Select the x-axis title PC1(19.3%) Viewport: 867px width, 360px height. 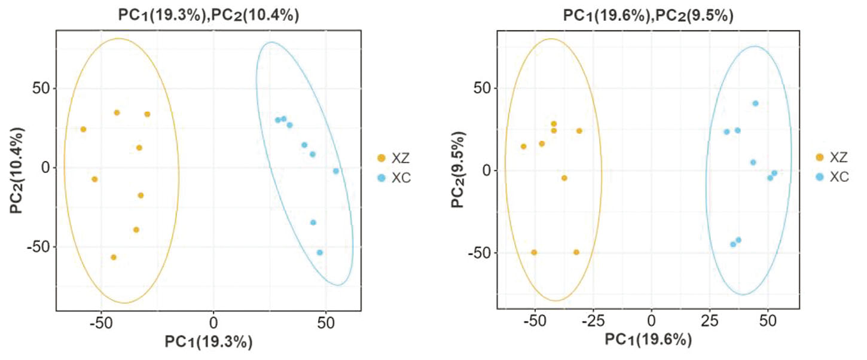coord(209,342)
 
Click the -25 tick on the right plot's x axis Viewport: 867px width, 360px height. coord(593,321)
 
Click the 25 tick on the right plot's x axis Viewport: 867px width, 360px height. coord(710,321)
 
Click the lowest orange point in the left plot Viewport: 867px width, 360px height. coord(114,257)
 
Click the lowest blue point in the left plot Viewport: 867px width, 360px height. coord(320,252)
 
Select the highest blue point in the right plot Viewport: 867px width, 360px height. coord(755,103)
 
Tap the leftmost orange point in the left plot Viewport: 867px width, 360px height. coord(83,129)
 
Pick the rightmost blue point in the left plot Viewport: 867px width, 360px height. coord(336,171)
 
